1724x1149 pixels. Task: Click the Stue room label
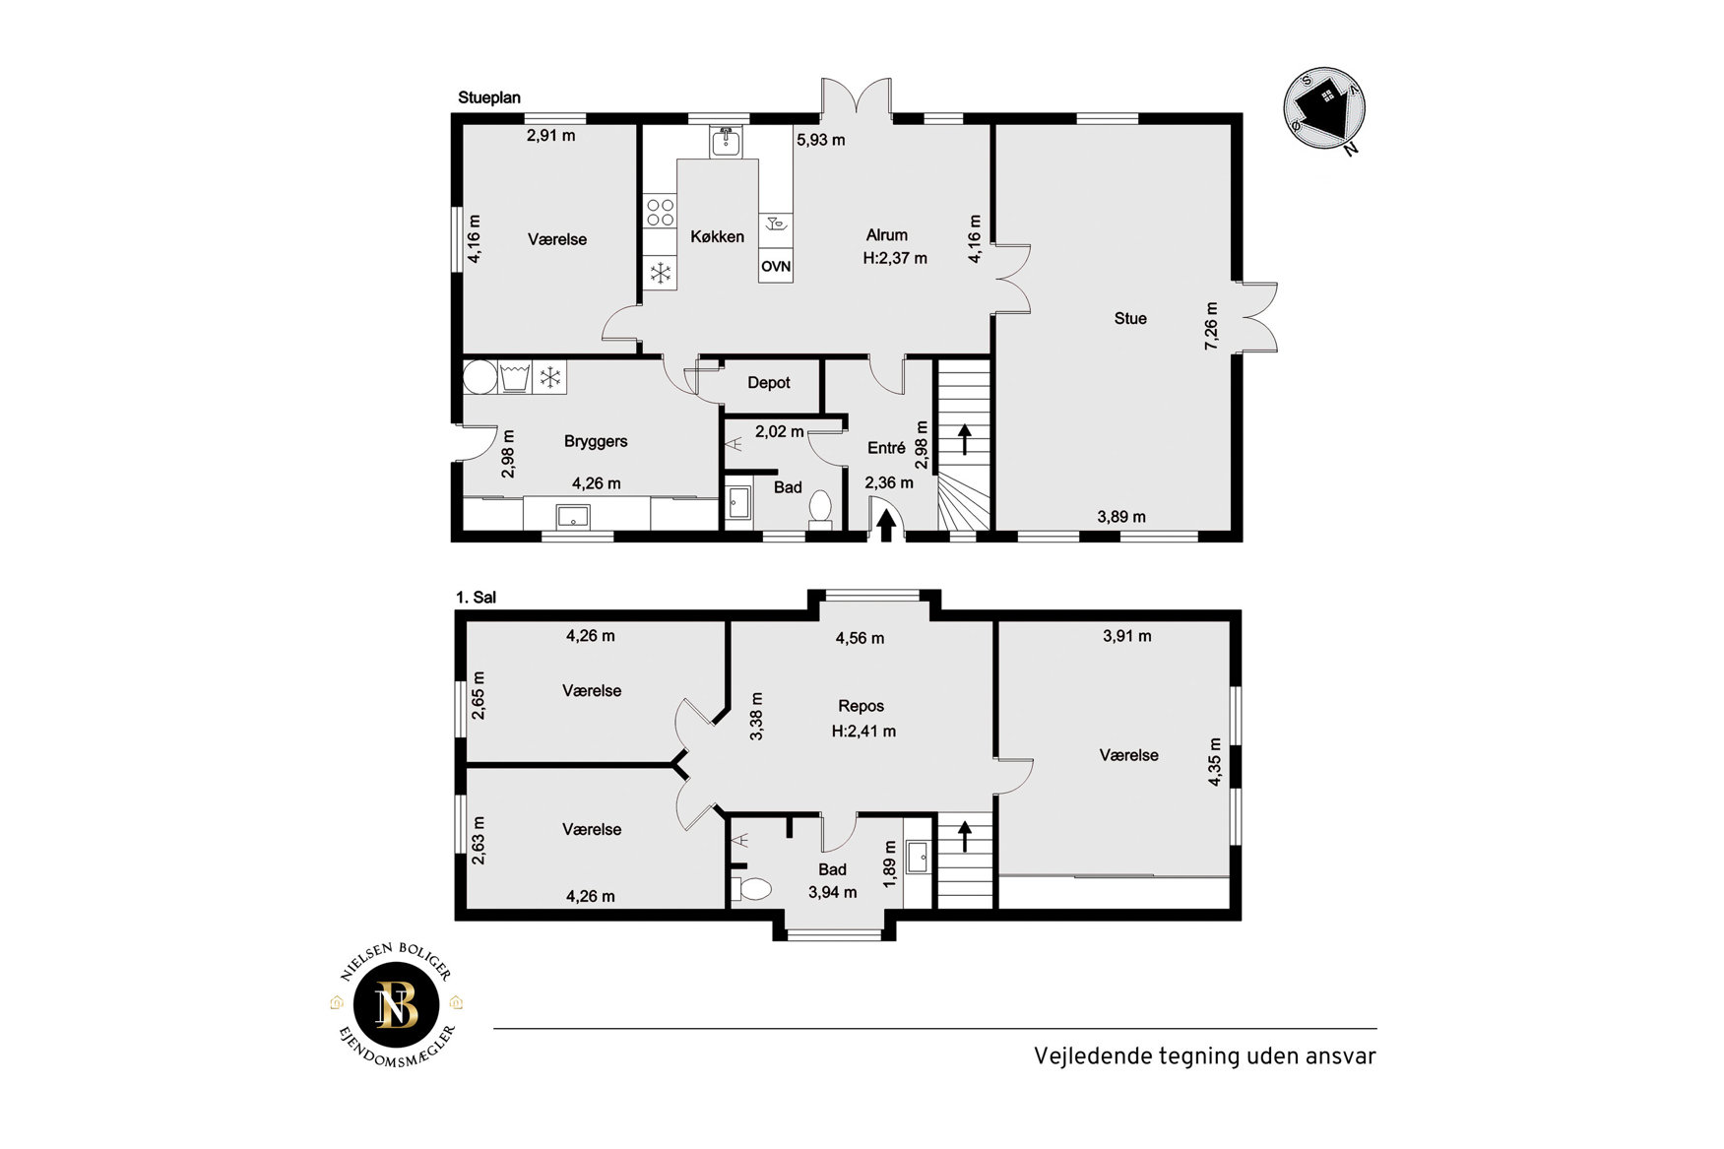tap(1130, 318)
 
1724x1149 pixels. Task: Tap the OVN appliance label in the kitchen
tap(776, 266)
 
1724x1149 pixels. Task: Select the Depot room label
tap(769, 383)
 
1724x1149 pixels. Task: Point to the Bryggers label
tap(596, 441)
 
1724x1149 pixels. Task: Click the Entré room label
tap(886, 448)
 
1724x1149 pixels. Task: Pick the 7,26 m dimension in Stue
tap(1212, 325)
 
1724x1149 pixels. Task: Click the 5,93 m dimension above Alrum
tap(821, 140)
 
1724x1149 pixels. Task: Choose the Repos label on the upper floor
tap(862, 706)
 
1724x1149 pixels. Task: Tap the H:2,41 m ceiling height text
tap(863, 732)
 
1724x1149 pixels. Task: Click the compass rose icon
tap(1325, 108)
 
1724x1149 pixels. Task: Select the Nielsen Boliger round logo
tap(397, 1005)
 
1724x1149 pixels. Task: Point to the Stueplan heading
tap(489, 97)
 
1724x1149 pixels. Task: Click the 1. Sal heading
tap(477, 598)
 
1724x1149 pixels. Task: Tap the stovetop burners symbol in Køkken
tap(661, 212)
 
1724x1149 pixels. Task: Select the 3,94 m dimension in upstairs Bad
tap(833, 893)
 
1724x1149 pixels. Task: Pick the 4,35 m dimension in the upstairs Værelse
tap(1215, 762)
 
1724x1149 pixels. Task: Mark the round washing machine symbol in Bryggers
tap(480, 377)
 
